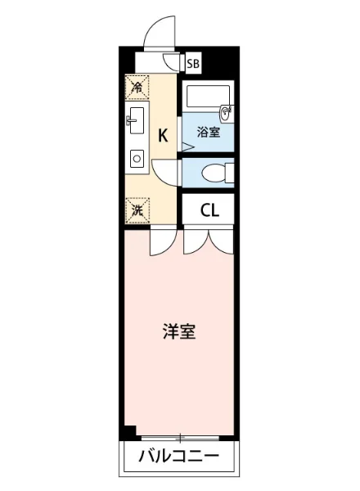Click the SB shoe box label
(x=193, y=62)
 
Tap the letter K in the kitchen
(x=163, y=136)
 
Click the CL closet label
(x=209, y=209)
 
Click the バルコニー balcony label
(x=178, y=455)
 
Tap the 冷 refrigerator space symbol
(x=137, y=86)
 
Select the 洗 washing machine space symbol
(x=137, y=209)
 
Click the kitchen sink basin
(x=136, y=119)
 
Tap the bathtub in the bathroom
(x=203, y=97)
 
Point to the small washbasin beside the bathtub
(x=227, y=110)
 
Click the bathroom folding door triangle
(x=187, y=147)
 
